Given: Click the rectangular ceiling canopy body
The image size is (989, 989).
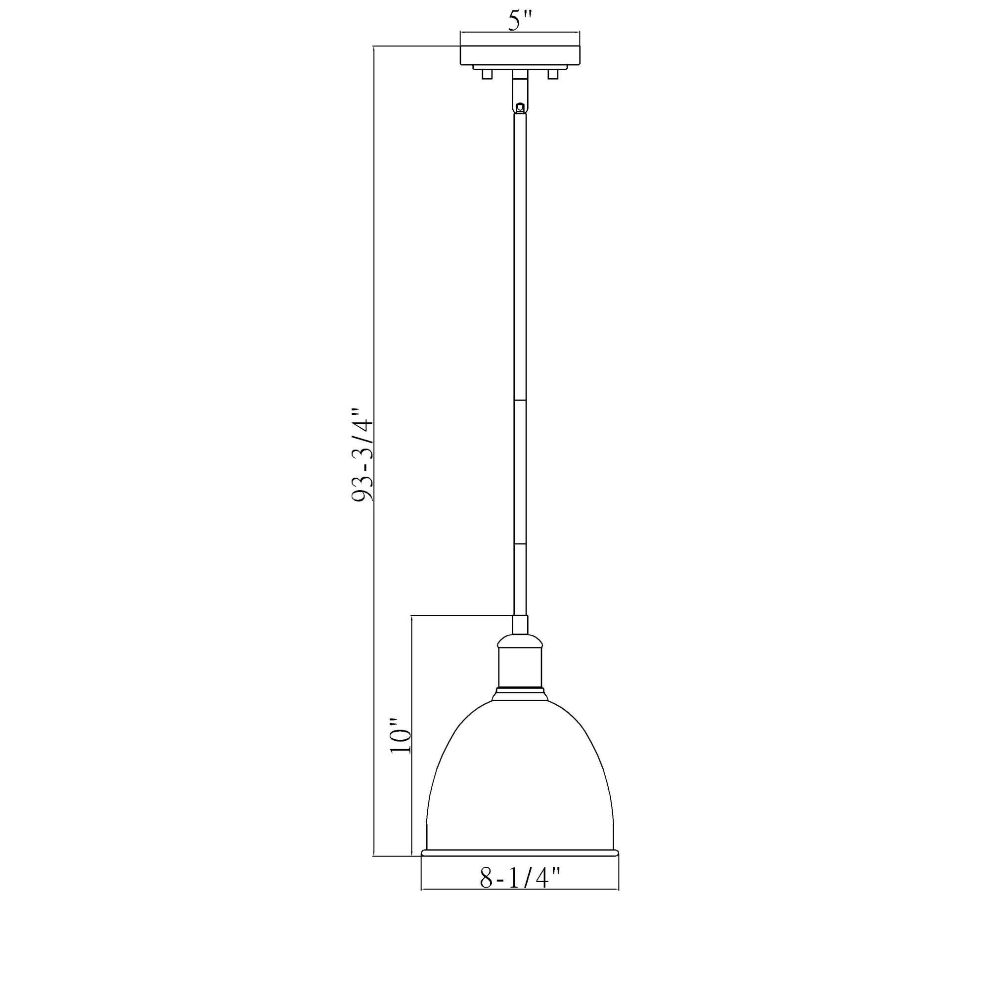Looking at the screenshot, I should click(x=520, y=55).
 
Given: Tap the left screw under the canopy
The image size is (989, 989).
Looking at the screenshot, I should click(x=487, y=74).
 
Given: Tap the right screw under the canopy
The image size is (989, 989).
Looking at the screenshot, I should click(x=552, y=74).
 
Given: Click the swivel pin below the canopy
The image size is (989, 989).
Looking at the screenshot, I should click(x=520, y=108).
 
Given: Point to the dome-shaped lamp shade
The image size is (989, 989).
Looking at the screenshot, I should click(x=520, y=768).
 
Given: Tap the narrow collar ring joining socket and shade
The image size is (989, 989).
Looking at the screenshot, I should click(x=520, y=696).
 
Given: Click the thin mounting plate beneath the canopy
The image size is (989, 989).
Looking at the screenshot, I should click(x=520, y=67).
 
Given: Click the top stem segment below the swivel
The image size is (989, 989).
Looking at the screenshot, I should click(x=520, y=256).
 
